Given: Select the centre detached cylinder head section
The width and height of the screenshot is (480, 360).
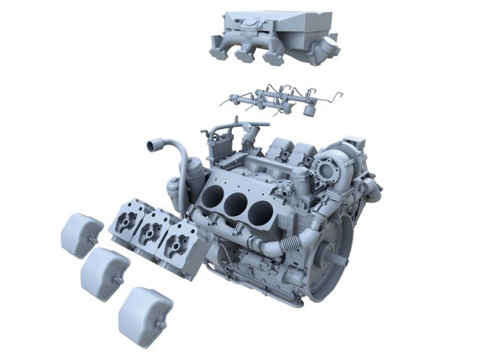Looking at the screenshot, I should [155, 228].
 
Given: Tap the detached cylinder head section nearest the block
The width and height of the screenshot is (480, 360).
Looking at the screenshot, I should [181, 241].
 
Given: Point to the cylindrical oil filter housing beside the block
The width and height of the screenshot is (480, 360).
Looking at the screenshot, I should [176, 191].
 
